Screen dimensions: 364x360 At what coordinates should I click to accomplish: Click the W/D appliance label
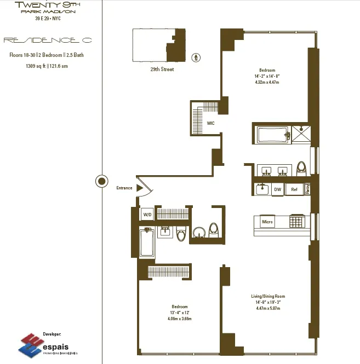(147, 215)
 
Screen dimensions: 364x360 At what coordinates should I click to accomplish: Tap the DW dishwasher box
(278, 189)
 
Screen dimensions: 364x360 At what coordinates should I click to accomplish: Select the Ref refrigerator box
(294, 189)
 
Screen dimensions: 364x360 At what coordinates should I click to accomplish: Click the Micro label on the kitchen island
(267, 222)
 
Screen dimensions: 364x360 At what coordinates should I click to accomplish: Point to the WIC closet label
(210, 123)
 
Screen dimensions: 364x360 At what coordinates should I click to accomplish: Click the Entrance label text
(124, 188)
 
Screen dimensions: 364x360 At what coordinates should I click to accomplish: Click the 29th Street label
(162, 70)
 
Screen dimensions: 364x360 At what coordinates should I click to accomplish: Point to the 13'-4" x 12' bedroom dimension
(180, 312)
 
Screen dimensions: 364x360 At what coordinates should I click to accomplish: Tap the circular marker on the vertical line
(101, 181)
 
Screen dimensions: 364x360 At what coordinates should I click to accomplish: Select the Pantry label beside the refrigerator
(308, 189)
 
